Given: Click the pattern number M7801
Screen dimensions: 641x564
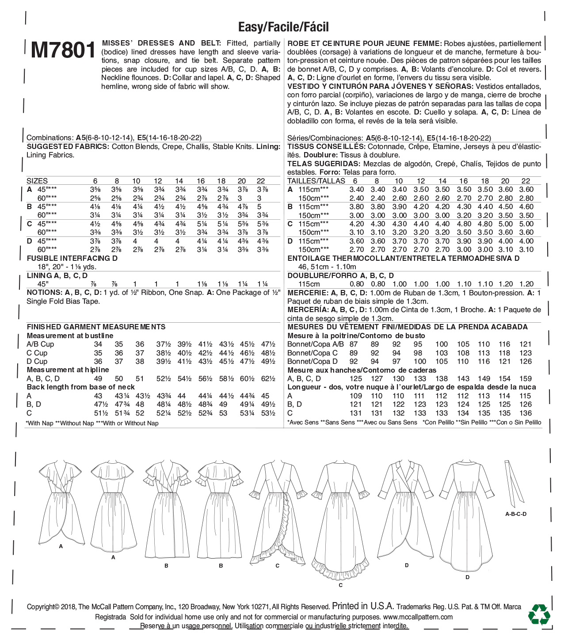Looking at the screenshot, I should coord(63,50).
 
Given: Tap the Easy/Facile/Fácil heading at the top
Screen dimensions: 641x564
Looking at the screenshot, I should coord(283,27).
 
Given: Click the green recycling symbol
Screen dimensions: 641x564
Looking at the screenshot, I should coord(539,614).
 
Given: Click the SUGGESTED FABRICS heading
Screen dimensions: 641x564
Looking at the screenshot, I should coord(68,147).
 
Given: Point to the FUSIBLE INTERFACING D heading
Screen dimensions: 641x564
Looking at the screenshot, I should coord(72,258).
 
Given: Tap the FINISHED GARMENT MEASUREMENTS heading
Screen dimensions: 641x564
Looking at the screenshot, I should coord(96,327).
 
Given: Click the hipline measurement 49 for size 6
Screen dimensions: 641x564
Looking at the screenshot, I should coord(98,378).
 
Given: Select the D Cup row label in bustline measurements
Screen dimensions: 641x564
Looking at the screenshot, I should coord(37,361).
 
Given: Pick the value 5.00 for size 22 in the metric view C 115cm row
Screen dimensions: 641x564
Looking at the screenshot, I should coord(526,224).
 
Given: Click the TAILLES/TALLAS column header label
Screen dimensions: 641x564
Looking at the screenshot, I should coord(316,181).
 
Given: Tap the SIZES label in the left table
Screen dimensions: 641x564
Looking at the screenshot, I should coord(37,181).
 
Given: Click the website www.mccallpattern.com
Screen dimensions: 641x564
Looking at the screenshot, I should coord(418,617).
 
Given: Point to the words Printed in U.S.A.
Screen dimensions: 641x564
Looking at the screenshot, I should coord(363,606).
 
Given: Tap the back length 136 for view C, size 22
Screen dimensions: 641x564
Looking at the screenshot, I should coord(526,413).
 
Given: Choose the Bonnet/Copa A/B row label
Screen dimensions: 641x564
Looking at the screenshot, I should coord(315,344).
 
